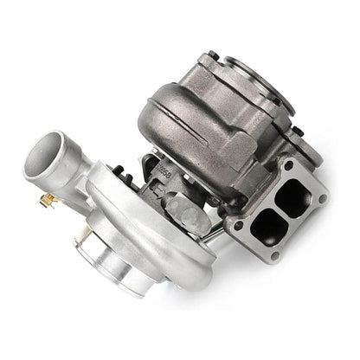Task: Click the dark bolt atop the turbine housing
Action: pyautogui.click(x=291, y=71)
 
